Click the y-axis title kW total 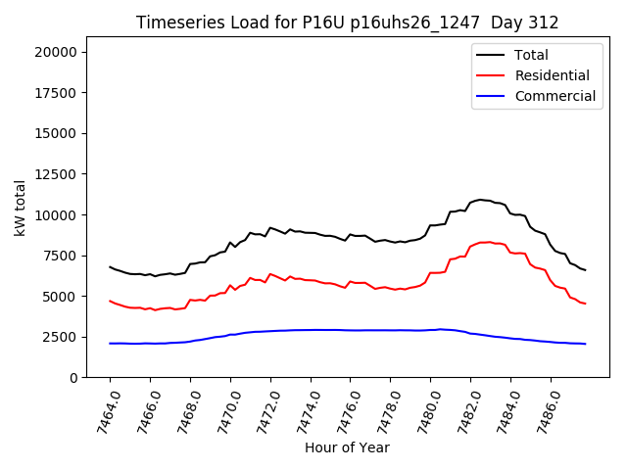pyautogui.click(x=21, y=208)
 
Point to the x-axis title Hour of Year pyautogui.click(x=347, y=447)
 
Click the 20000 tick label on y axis pyautogui.click(x=65, y=52)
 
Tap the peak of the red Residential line pyautogui.click(x=485, y=242)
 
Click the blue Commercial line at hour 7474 pyautogui.click(x=311, y=330)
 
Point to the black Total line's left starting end pyautogui.click(x=110, y=266)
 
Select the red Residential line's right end pyautogui.click(x=585, y=304)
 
